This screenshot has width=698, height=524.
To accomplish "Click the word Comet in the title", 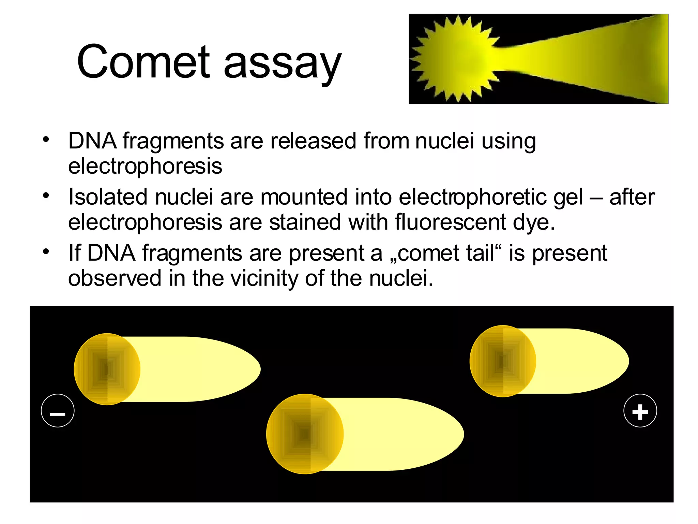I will pos(143,62).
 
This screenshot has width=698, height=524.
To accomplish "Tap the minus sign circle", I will pos(58,411).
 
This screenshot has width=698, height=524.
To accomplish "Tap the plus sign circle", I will pos(640,411).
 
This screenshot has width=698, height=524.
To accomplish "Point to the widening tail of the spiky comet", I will pos(596,59).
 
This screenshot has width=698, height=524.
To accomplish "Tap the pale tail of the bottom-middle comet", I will pos(402,434).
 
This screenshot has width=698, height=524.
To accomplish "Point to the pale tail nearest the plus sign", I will pos(579,361).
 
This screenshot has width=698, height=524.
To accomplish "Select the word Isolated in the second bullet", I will pos(108,197).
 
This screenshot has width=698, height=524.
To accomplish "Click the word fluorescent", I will pos(450,222).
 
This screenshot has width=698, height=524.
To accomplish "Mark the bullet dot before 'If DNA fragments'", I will pos(46,252).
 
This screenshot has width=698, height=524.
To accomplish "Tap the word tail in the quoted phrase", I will pos(481,253).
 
